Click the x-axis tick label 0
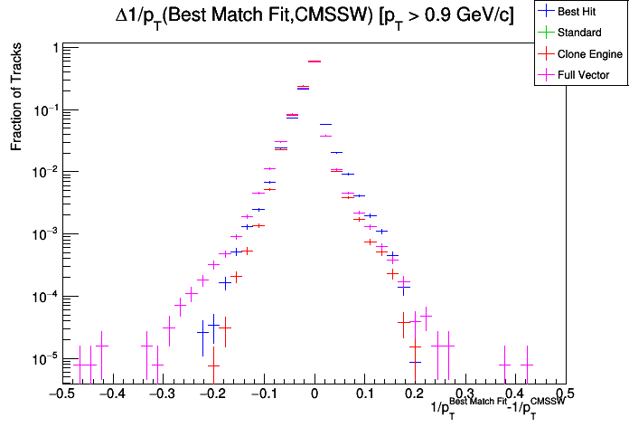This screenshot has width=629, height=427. pyautogui.click(x=314, y=394)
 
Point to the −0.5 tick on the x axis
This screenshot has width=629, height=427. pyautogui.click(x=61, y=394)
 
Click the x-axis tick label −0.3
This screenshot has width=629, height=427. pyautogui.click(x=162, y=394)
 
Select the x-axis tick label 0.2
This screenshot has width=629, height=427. pyautogui.click(x=415, y=394)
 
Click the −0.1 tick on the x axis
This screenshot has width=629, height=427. pyautogui.click(x=263, y=394)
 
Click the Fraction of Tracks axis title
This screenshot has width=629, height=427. pyautogui.click(x=15, y=100)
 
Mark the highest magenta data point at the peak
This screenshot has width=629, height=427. pyautogui.click(x=314, y=62)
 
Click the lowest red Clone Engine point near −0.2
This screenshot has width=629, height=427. pyautogui.click(x=212, y=365)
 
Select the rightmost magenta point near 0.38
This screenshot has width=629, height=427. pyautogui.click(x=504, y=365)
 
